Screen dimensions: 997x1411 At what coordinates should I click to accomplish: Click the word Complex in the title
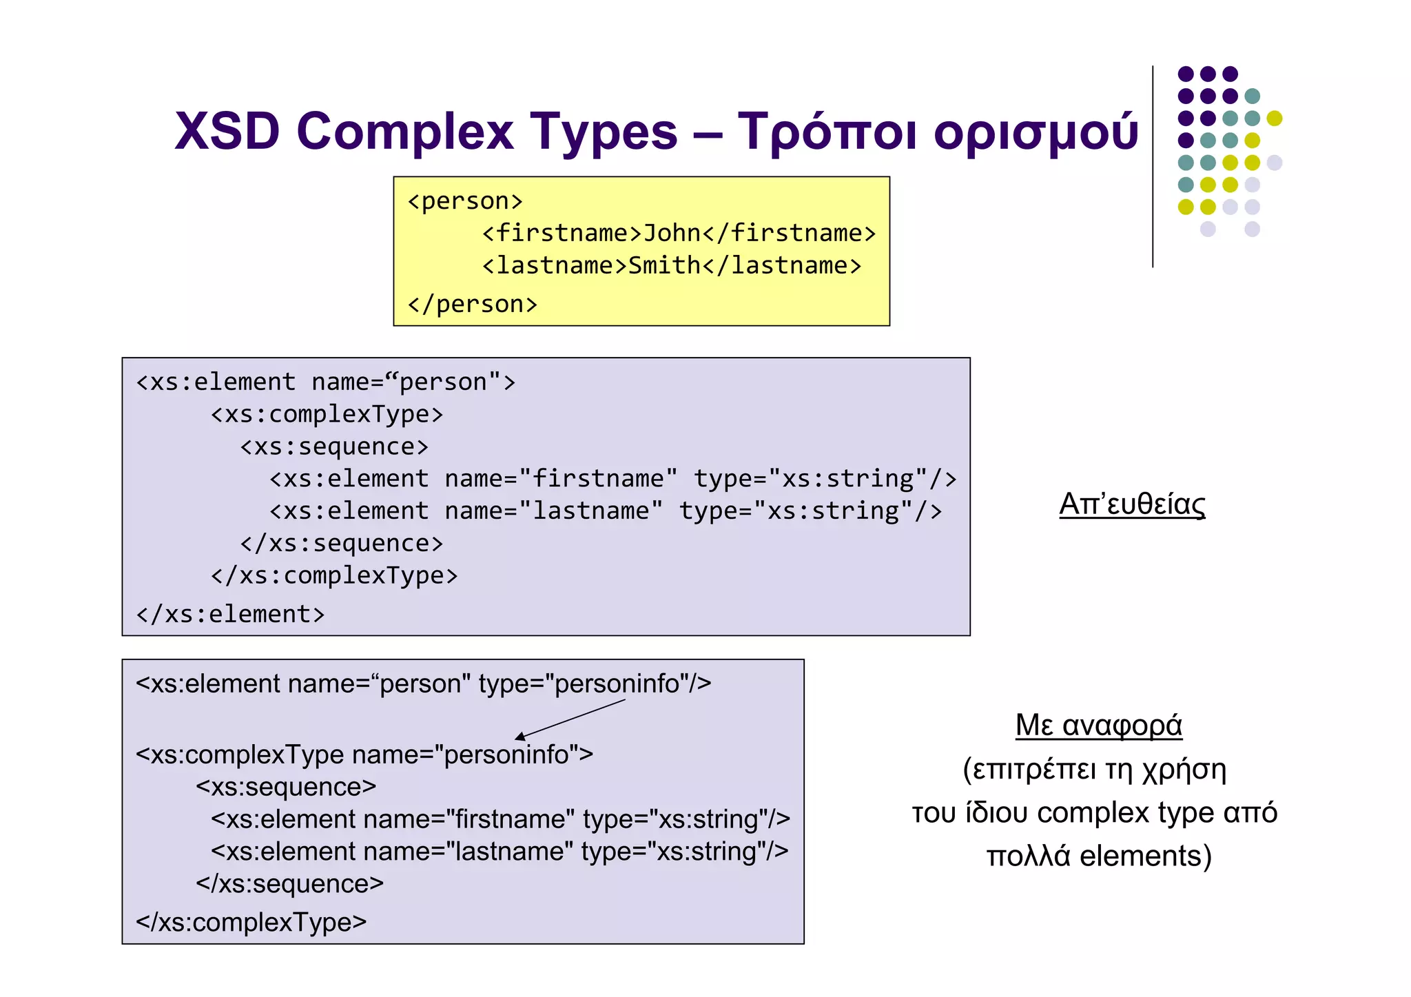[405, 131]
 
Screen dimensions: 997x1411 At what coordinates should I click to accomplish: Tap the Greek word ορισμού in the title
[1036, 131]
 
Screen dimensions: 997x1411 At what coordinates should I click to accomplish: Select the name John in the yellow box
[672, 234]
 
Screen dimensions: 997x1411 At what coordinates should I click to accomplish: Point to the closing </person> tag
[472, 305]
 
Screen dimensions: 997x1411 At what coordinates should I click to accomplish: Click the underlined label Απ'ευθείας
[1132, 504]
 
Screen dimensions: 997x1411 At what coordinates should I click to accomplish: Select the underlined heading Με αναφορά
[1098, 726]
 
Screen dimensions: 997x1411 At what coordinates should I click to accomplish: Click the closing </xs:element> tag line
[230, 614]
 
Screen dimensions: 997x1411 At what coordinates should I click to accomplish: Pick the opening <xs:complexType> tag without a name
[327, 415]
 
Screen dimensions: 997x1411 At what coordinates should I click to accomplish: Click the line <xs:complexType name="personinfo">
[364, 755]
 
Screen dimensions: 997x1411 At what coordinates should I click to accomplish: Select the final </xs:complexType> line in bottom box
[251, 922]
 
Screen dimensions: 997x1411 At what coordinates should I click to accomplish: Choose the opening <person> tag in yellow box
[465, 201]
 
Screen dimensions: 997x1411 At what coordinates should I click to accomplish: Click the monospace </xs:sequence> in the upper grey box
[341, 544]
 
